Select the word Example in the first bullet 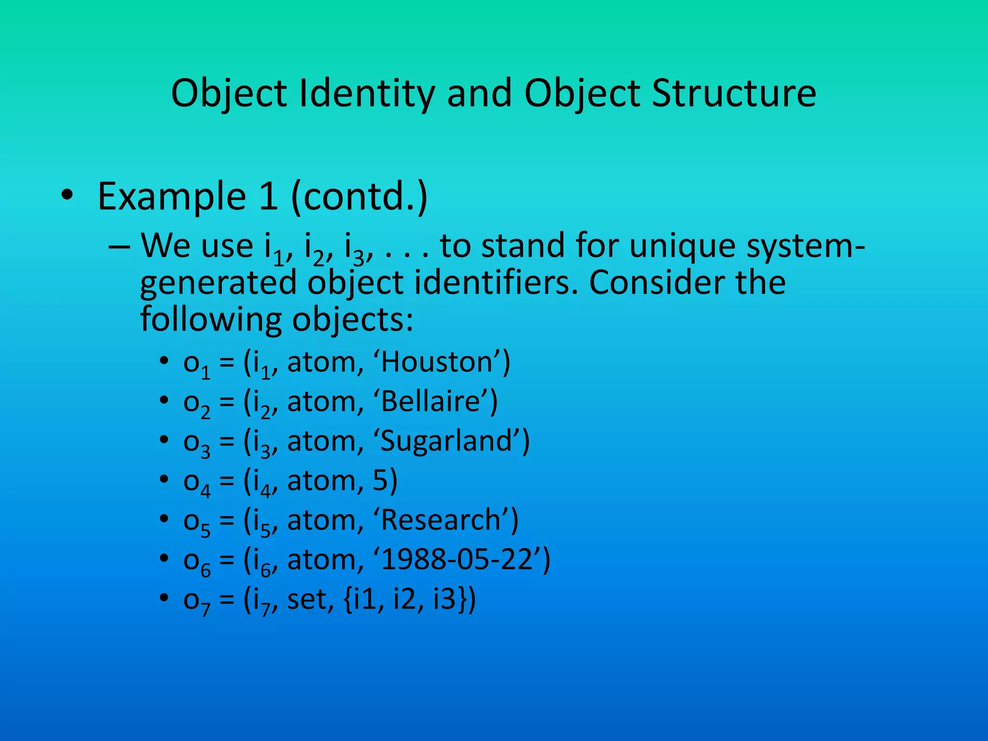point(172,196)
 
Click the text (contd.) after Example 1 point(359,196)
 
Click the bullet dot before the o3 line point(165,440)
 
